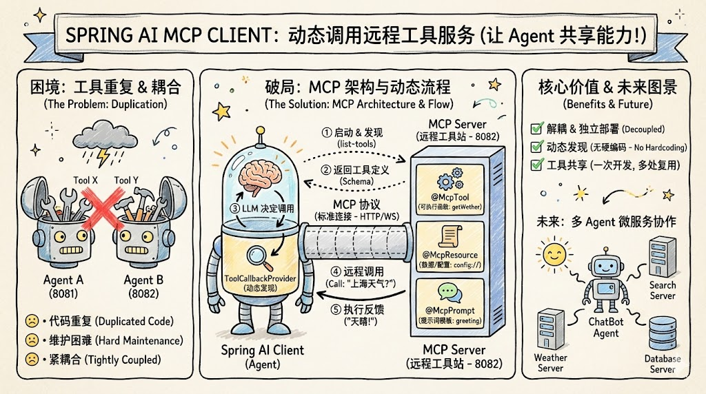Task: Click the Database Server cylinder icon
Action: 662,333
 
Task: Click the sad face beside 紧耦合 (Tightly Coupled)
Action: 32,359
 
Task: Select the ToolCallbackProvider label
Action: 258,282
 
